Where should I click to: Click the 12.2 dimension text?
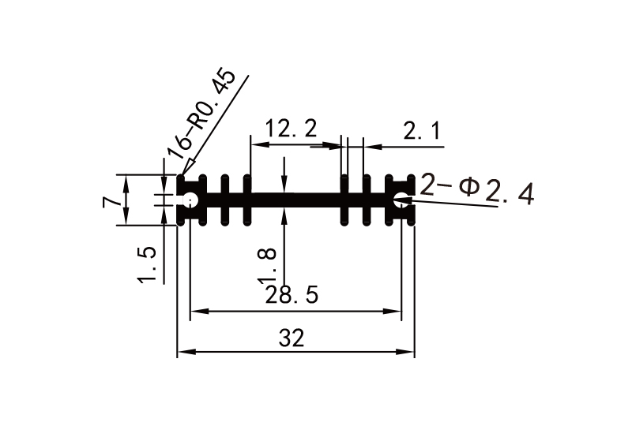coord(291,128)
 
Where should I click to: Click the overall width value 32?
coord(292,338)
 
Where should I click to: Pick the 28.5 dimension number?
coord(292,296)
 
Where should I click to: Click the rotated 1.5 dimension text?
coord(148,264)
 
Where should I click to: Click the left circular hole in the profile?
coord(190,200)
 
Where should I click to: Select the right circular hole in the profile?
coord(402,200)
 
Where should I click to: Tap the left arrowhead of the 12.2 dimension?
coord(255,145)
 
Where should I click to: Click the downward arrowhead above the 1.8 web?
coord(284,186)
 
